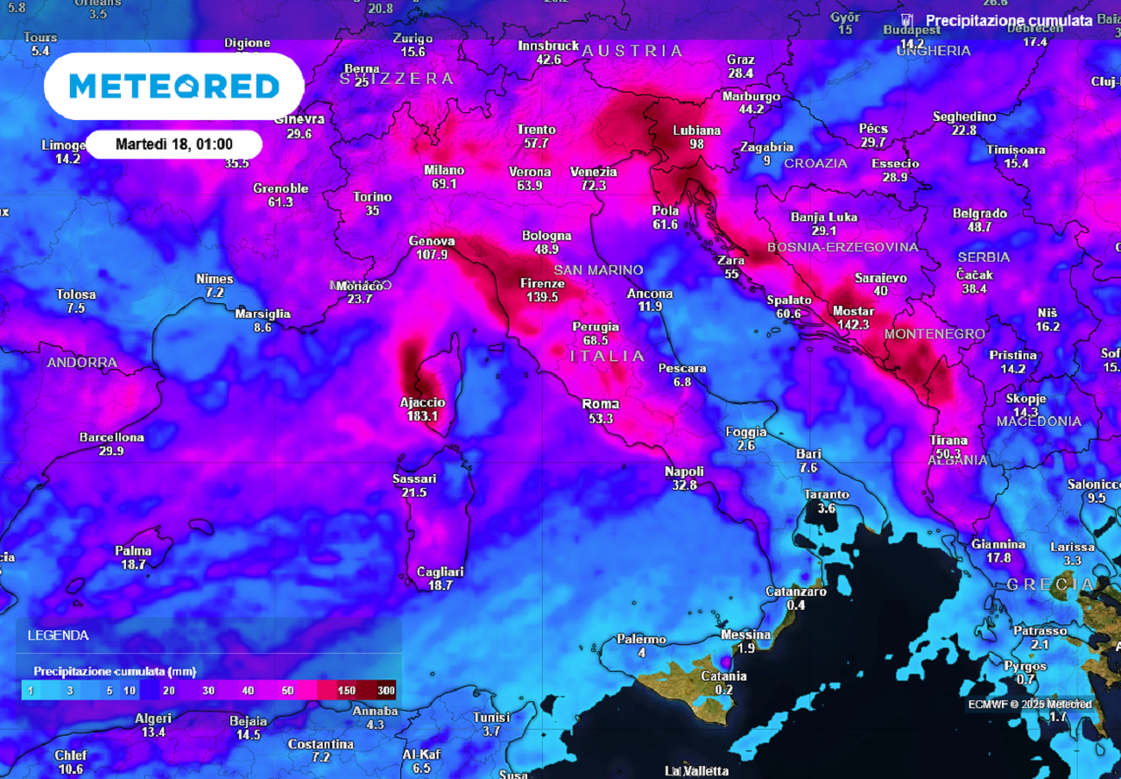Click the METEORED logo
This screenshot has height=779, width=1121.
coord(173,86)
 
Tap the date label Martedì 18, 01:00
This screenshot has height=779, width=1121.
coord(173,144)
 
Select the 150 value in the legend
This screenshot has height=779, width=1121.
coord(346,690)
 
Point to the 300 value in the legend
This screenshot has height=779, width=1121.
coord(385,690)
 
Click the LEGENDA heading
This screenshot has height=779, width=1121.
coord(58,635)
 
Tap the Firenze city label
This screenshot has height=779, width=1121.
coord(542,283)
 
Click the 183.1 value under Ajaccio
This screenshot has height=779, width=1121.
coord(422,416)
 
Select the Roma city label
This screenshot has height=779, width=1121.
coord(601,404)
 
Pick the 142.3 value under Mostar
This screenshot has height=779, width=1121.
coord(853,324)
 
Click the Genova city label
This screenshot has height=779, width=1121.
coord(432,241)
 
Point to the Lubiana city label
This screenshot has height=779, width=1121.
coord(696,131)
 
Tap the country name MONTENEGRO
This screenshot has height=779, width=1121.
coord(934,334)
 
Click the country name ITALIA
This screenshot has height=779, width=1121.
coord(607,356)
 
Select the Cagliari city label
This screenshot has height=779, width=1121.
coord(440,571)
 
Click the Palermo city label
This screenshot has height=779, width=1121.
coord(642,640)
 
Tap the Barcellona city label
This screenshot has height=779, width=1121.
coord(111,437)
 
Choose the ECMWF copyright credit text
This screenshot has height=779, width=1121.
coord(1030,705)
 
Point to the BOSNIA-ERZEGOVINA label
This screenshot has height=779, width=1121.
coord(843,247)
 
